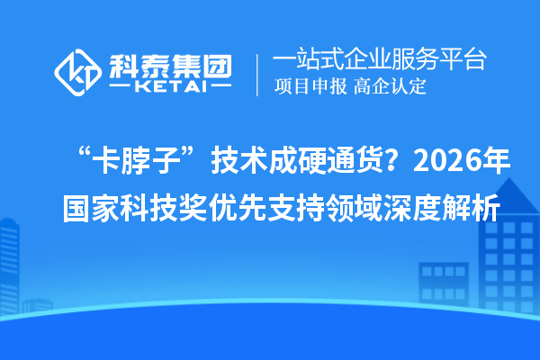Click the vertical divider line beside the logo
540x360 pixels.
pos(258,72)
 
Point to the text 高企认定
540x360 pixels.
pos(390,87)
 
